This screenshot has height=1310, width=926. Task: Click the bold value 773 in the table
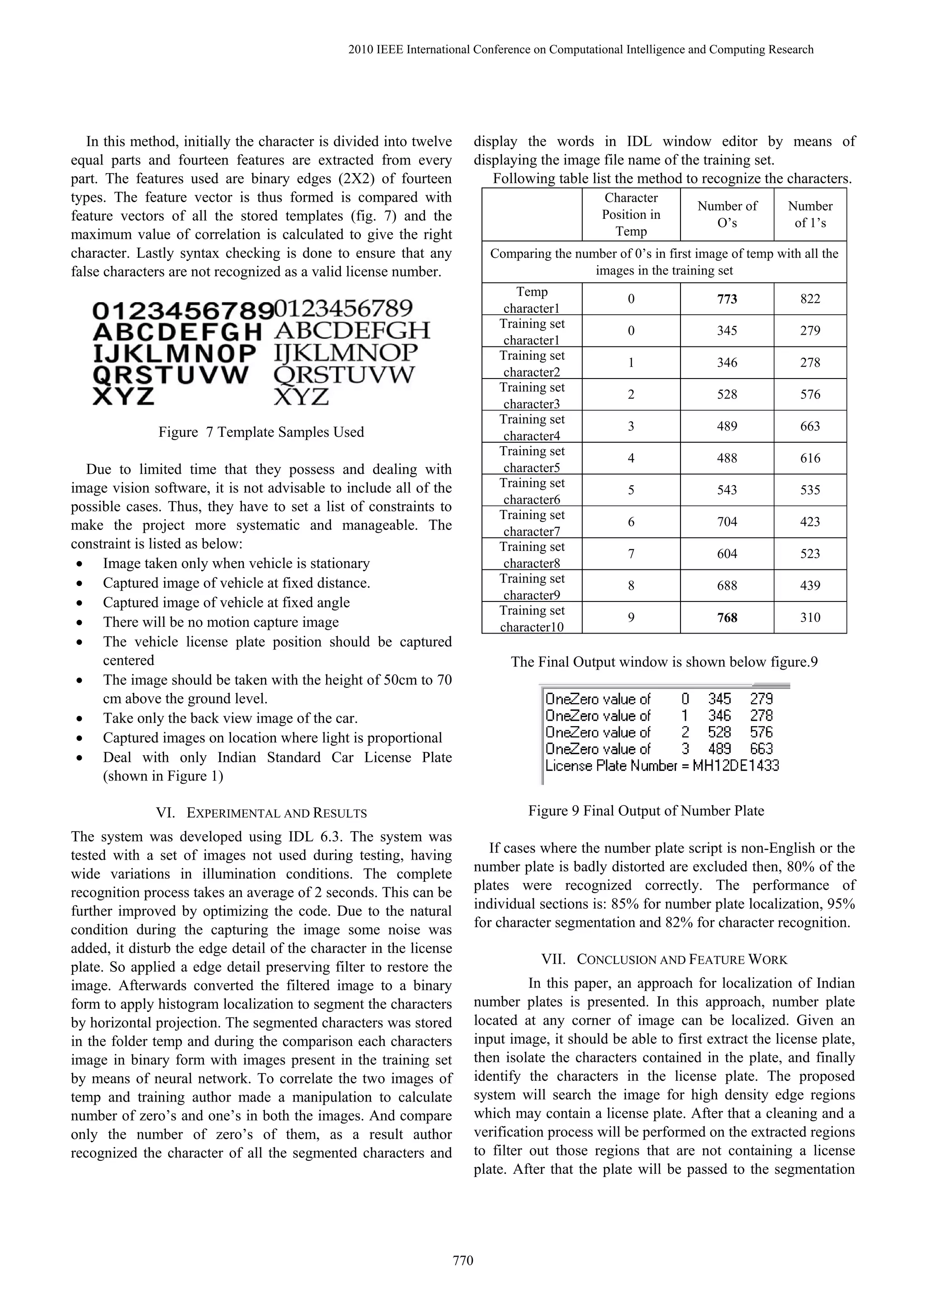727,299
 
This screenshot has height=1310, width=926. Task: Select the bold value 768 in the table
727,617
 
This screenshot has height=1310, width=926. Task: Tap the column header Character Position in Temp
631,214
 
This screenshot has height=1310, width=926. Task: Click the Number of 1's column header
810,214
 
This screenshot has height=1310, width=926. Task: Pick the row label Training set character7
532,522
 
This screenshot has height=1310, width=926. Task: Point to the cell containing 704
727,521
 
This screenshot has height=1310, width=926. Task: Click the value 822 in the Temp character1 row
810,299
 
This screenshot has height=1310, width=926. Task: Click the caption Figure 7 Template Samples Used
261,432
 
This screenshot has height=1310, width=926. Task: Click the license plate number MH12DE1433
736,766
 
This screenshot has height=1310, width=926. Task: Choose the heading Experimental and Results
276,813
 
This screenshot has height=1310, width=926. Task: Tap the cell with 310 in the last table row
810,617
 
